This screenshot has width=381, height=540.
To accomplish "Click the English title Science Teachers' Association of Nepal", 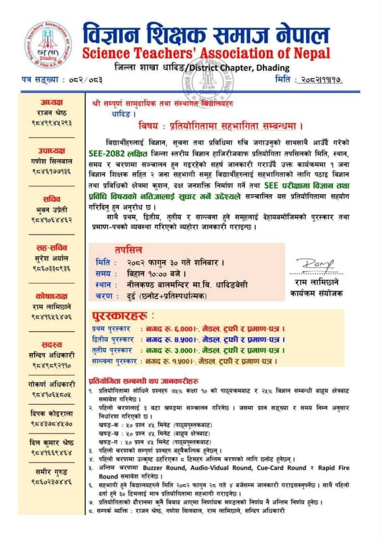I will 206,53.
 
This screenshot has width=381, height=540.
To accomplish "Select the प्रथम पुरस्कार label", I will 112,328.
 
